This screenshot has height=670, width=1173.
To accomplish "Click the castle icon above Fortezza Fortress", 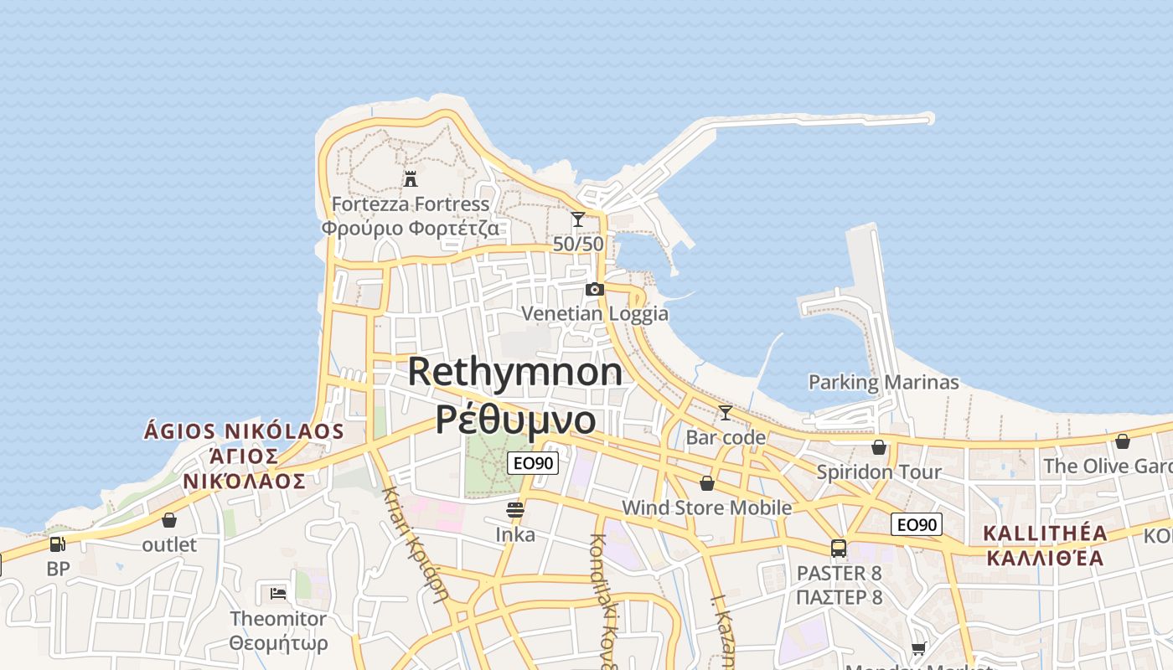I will [411, 178].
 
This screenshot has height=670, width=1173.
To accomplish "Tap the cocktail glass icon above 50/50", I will [578, 219].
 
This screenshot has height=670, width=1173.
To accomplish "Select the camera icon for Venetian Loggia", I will [595, 289].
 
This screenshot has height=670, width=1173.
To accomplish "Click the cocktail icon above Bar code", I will [726, 412].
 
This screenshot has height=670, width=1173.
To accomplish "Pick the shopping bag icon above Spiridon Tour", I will [879, 447].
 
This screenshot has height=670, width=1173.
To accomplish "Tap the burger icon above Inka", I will [515, 509].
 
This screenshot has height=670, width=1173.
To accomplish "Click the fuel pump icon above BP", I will [57, 544].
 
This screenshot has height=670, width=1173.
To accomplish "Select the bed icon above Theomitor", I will [278, 593].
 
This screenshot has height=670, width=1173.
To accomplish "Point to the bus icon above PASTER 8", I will [839, 549].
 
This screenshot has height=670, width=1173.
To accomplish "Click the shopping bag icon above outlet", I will [169, 520].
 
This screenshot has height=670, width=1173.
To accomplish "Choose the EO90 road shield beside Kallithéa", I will [917, 525].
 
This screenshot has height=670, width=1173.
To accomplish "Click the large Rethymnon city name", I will [515, 372].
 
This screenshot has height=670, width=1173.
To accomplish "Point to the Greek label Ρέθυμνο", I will [515, 419].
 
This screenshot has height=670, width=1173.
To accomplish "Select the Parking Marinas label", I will [883, 383].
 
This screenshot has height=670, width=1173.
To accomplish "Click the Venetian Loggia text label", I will [595, 314].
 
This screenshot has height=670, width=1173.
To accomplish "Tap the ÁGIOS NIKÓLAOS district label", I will [244, 431].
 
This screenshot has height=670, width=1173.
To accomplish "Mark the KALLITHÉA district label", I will [1045, 533].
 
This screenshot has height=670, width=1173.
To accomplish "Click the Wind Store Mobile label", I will [706, 508].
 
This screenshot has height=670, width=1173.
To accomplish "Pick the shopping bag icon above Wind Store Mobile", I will [707, 483].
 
